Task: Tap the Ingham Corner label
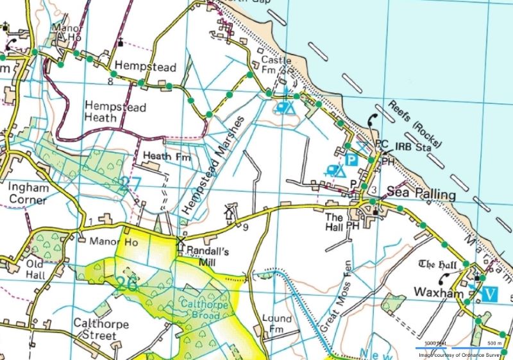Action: point(27,193)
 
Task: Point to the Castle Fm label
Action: point(276,65)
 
